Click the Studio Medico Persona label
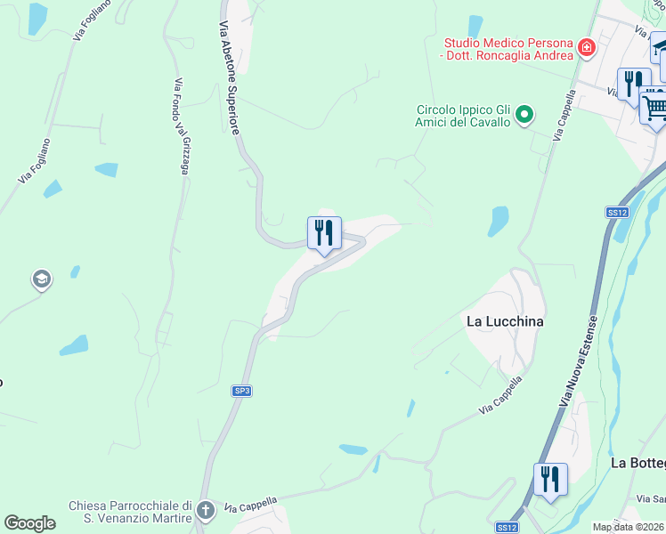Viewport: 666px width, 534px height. pos(507,48)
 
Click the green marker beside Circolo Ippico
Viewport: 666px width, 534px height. pos(524,114)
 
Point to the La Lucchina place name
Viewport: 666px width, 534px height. pos(505,320)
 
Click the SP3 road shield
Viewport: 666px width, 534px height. pos(241,391)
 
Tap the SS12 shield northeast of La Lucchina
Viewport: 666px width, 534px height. pos(617,212)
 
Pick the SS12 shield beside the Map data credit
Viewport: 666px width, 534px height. pos(507,527)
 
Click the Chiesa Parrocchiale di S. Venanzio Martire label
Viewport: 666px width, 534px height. pos(130,512)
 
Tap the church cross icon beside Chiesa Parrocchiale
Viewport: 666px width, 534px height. pos(206,511)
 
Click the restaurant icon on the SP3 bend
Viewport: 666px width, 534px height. pos(324,233)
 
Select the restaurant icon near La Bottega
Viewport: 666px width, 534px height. pos(550,480)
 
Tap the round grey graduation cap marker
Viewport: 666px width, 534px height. pos(40,280)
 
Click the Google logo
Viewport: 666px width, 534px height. pos(30,523)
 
